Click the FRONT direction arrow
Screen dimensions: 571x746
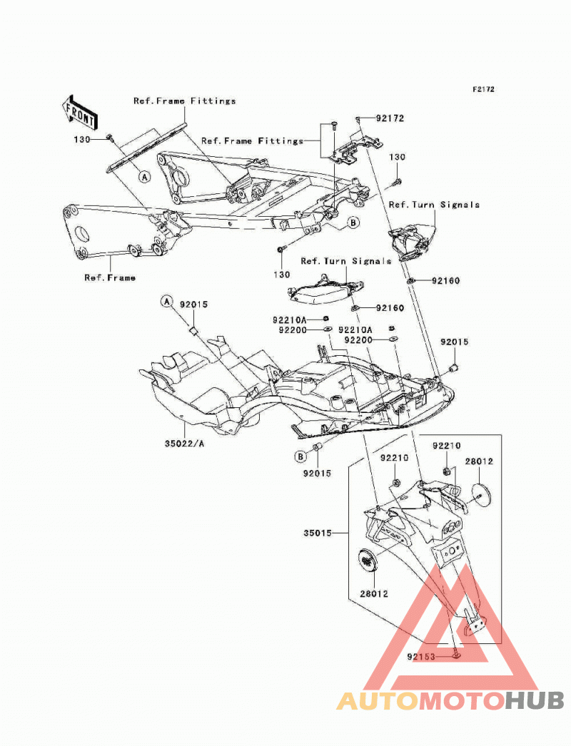80,113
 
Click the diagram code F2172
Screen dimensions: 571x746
483,89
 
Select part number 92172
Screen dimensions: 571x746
390,118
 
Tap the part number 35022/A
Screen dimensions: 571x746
184,444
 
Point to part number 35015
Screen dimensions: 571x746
318,533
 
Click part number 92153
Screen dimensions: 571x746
421,657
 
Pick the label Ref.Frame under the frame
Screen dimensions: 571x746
110,277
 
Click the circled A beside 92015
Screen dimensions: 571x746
167,302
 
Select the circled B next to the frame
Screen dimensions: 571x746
353,223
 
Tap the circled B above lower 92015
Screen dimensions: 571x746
300,456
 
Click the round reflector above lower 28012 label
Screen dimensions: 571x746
368,560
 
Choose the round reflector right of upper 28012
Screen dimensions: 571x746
482,496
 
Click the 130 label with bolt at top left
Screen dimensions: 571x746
82,139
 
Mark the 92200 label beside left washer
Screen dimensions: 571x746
293,329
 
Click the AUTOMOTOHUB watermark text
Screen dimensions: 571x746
450,701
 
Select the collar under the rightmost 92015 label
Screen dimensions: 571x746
454,367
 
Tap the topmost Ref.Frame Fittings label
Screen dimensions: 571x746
185,101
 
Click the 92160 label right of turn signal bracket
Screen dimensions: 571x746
446,281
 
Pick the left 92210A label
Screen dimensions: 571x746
290,320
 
